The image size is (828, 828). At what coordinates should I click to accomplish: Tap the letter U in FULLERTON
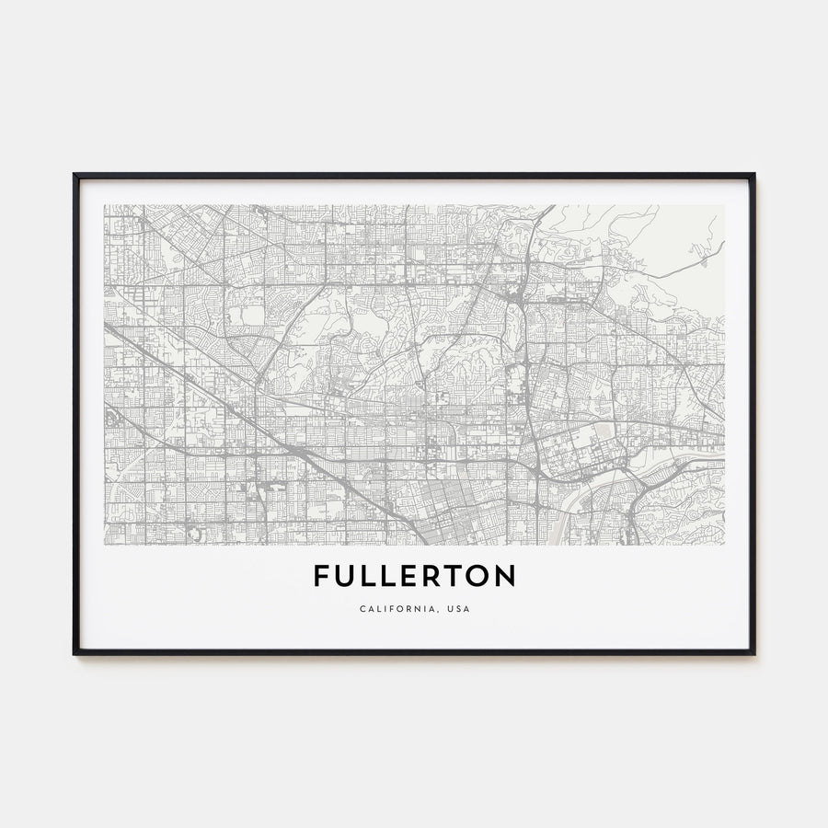click(x=346, y=576)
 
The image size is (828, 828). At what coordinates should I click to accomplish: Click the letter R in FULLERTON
click(x=434, y=576)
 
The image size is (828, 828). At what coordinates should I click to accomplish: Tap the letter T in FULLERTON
click(x=456, y=576)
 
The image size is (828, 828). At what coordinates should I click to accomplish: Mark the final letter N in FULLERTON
click(x=506, y=576)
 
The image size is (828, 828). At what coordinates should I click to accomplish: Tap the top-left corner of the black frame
click(x=75, y=175)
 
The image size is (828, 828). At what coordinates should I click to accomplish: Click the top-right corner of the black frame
click(x=753, y=175)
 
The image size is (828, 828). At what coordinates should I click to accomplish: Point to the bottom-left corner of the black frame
click(x=75, y=653)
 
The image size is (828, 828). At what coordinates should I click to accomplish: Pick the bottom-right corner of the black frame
click(x=753, y=653)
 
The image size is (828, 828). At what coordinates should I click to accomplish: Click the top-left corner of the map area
click(x=105, y=205)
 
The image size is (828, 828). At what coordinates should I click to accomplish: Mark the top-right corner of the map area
click(x=724, y=205)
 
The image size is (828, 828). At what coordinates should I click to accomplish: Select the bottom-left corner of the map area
click(x=105, y=544)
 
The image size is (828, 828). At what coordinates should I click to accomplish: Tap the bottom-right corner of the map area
click(x=724, y=544)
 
